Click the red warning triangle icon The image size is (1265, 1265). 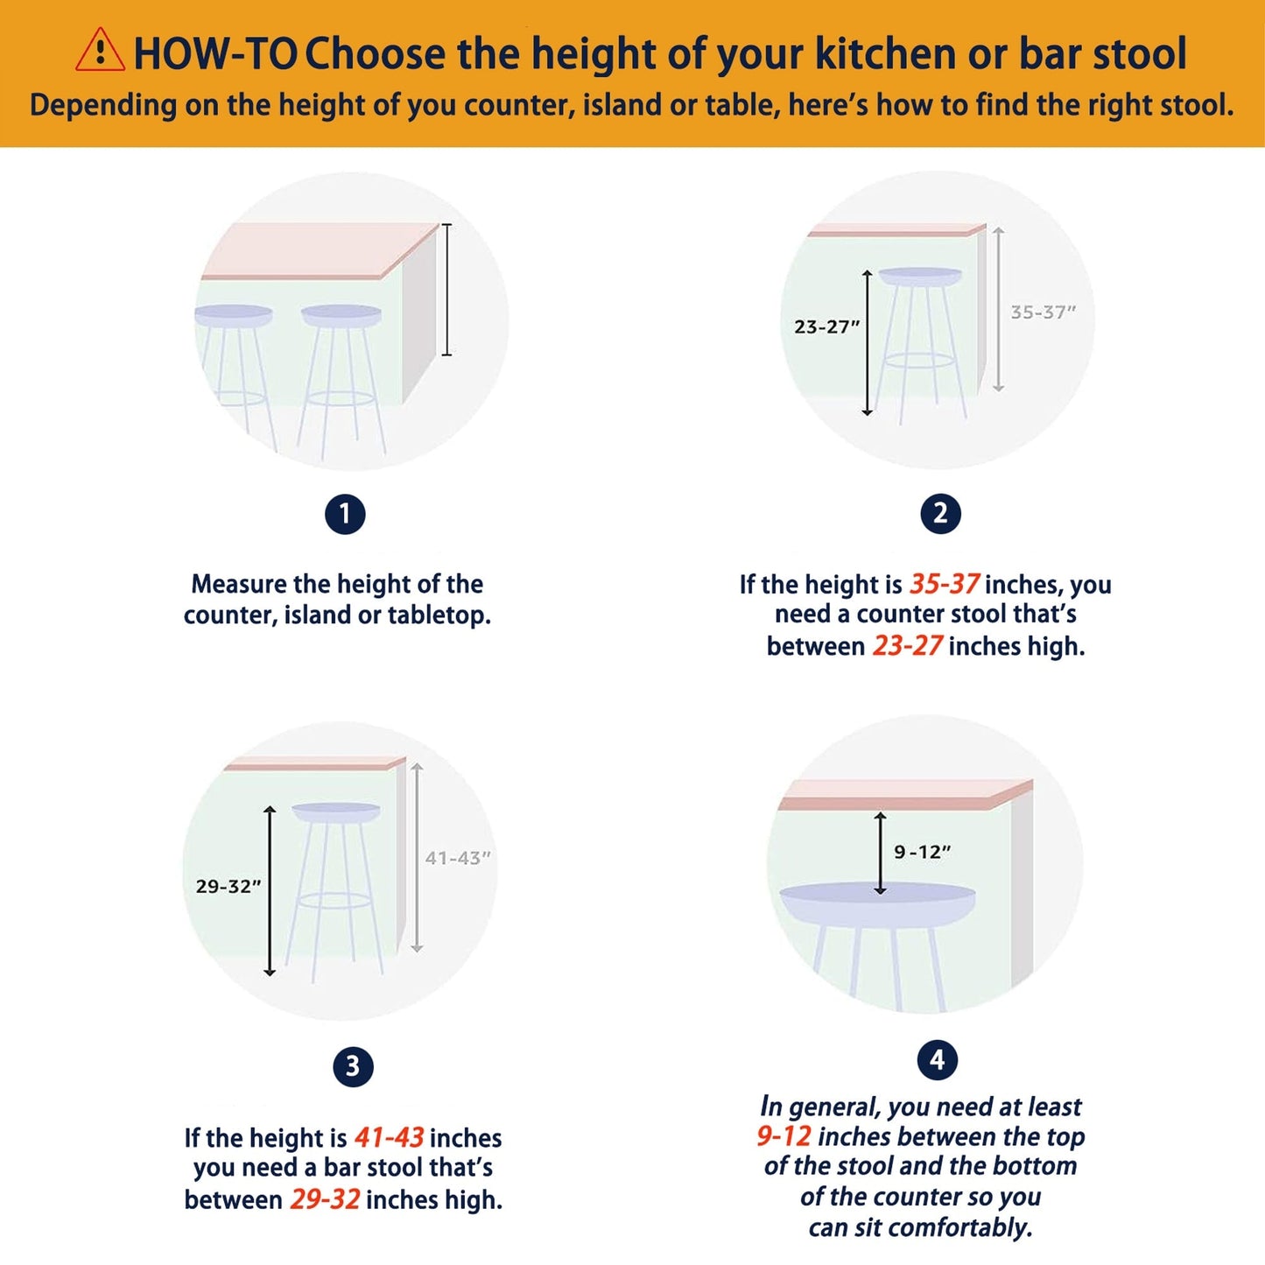coord(100,50)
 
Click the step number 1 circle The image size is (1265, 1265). coord(345,514)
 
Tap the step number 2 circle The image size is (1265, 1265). coord(941,513)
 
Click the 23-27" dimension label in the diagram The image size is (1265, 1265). coord(826,327)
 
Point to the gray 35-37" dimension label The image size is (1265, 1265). coord(1044,313)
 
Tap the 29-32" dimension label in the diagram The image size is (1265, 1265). coord(228,887)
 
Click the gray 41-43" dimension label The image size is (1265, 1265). coord(458,858)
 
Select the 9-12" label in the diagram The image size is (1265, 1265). coord(923,852)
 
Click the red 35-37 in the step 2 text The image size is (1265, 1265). coord(945,584)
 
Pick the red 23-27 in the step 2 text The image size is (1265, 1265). coord(908,647)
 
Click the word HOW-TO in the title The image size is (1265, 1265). coord(216,53)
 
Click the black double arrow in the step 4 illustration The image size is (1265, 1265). coord(881,853)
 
